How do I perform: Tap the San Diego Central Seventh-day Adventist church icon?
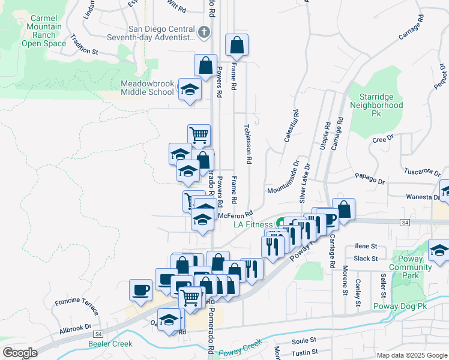(x=205, y=32)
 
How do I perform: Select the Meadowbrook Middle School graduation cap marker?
(x=190, y=90)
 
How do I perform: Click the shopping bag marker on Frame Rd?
(x=237, y=45)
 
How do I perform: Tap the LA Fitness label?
(x=253, y=225)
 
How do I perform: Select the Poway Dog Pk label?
(x=400, y=306)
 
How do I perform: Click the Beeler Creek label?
(x=110, y=344)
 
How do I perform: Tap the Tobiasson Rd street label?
(x=247, y=145)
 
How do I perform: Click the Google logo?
(x=19, y=353)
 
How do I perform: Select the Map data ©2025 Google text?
(x=411, y=355)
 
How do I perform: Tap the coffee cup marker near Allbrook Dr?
(x=141, y=290)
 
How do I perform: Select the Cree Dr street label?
(x=382, y=139)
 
